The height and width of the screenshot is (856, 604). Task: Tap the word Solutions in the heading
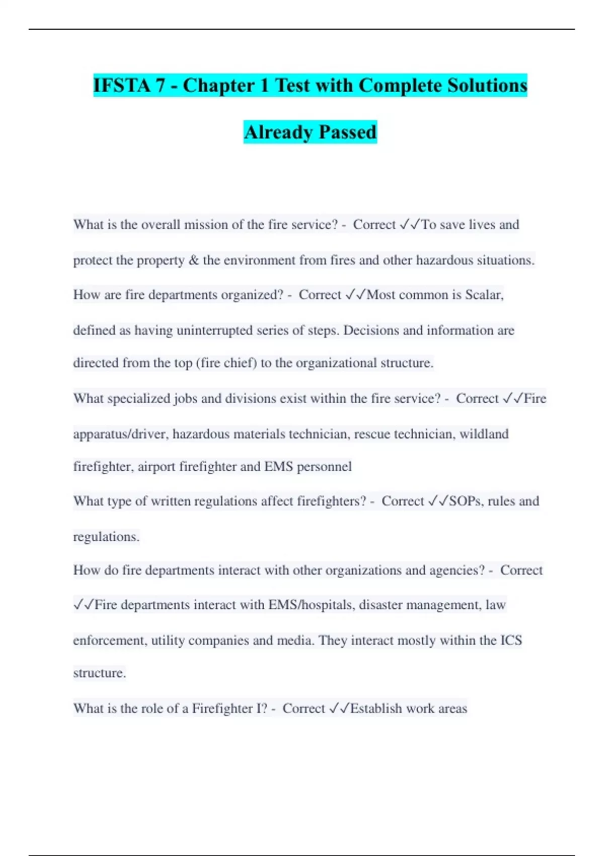(487, 85)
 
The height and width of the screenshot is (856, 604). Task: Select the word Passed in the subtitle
(347, 132)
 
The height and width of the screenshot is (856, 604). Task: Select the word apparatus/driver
(121, 434)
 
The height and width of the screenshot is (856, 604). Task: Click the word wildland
(484, 434)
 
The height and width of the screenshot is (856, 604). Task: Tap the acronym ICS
(511, 640)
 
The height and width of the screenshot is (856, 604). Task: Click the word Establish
(376, 708)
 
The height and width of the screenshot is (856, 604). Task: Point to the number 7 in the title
(160, 85)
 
